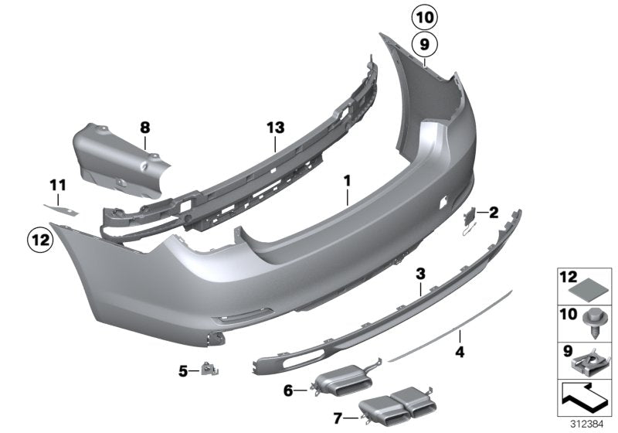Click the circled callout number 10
pyautogui.click(x=423, y=15)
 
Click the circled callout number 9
pyautogui.click(x=423, y=43)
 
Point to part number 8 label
pyautogui.click(x=144, y=126)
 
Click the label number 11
pyautogui.click(x=58, y=185)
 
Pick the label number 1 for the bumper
pyautogui.click(x=347, y=180)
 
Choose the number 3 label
pyautogui.click(x=420, y=274)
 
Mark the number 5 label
pyautogui.click(x=183, y=370)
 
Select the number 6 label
pyautogui.click(x=288, y=391)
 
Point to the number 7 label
pyautogui.click(x=336, y=418)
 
